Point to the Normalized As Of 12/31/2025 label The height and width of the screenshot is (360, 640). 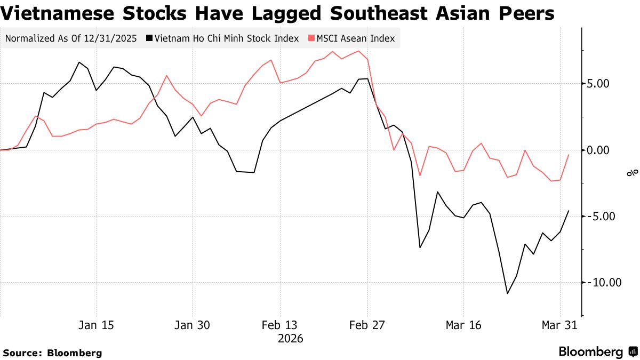70,38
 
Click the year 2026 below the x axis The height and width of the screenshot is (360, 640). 290,339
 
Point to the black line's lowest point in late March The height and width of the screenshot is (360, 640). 507,293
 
